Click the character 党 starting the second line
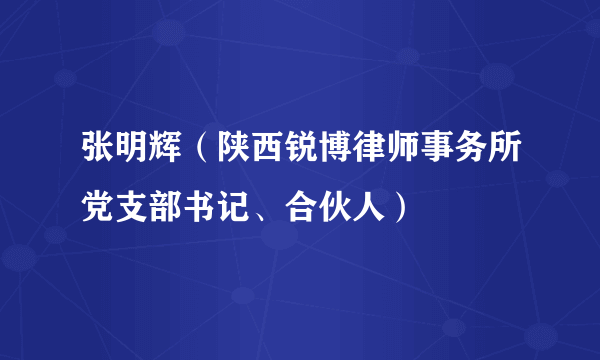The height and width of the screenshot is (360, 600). [x=99, y=207]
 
